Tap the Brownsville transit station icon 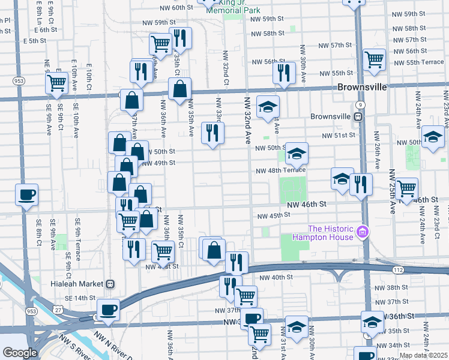[358, 116]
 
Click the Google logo [19, 353]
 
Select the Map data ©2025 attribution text [423, 355]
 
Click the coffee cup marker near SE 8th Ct [27, 195]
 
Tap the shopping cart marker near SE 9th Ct [56, 82]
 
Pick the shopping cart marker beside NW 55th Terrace [374, 60]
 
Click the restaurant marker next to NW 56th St [283, 73]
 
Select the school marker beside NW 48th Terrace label [296, 154]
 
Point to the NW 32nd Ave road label [247, 120]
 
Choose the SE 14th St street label [80, 298]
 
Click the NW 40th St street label [276, 277]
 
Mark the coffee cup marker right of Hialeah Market [108, 310]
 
